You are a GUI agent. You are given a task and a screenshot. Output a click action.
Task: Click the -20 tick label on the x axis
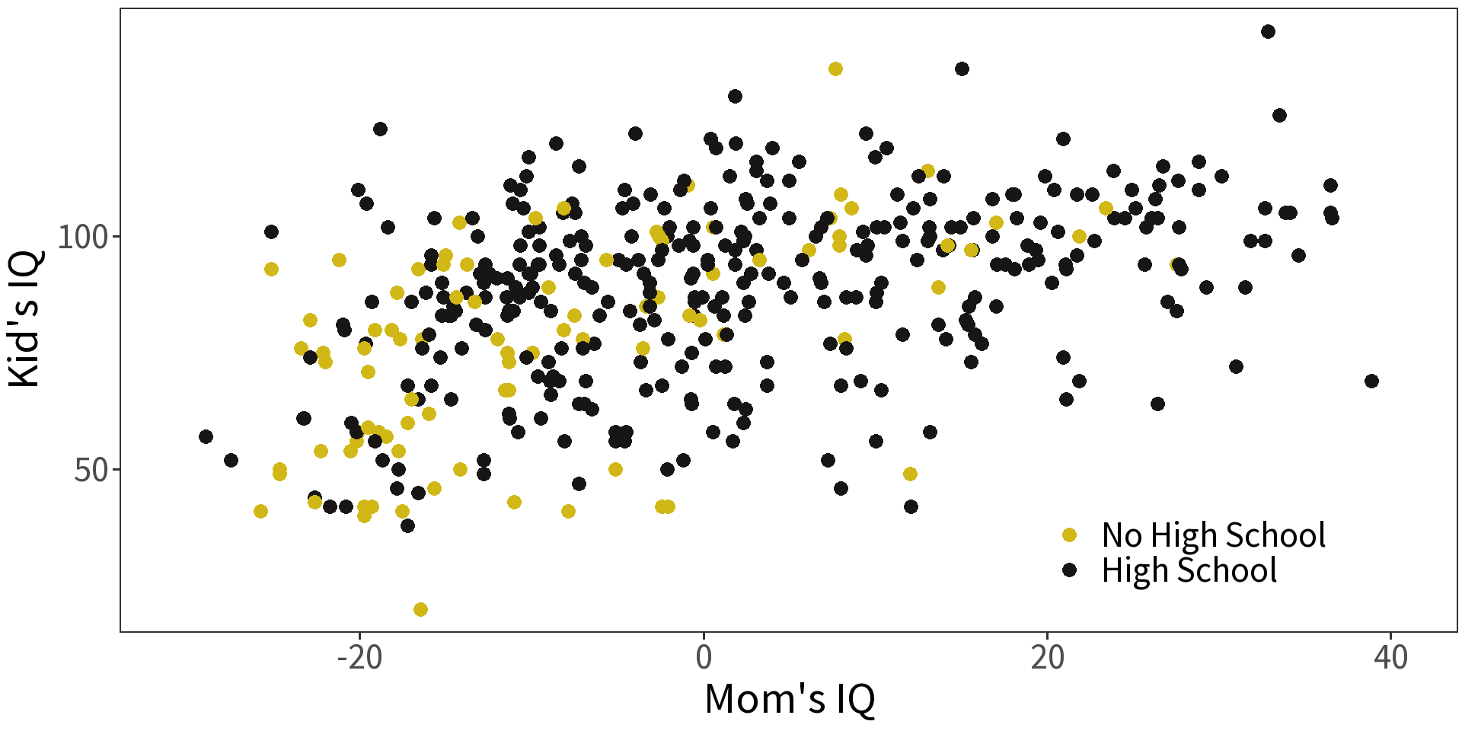click(359, 656)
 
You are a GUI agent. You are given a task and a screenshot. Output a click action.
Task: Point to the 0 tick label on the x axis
click(704, 656)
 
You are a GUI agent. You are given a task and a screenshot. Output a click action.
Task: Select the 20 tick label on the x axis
click(1047, 656)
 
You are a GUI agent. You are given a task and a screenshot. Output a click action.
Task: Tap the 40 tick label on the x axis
click(1390, 656)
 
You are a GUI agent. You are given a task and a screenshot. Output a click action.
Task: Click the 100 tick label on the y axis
click(83, 237)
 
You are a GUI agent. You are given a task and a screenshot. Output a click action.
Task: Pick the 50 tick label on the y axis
click(91, 470)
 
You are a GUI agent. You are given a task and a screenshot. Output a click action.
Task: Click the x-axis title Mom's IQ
click(789, 698)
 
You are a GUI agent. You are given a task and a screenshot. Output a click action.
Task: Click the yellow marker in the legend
click(1069, 535)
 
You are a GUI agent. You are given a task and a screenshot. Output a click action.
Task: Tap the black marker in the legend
click(1069, 570)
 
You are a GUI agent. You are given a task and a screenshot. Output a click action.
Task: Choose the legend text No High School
click(1213, 535)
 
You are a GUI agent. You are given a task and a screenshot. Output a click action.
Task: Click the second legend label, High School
click(1189, 570)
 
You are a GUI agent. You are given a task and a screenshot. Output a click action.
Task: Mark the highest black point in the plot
click(1268, 31)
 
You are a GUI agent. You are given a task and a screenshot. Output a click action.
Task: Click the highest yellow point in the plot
click(835, 69)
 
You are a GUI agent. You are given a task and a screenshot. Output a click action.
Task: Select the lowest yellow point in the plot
click(420, 609)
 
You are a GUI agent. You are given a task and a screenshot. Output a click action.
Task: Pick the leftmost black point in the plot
click(206, 436)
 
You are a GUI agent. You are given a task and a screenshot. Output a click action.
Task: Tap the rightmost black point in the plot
click(1371, 381)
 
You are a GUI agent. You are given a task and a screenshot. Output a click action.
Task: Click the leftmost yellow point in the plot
click(260, 511)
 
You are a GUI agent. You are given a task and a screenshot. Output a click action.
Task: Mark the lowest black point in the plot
click(407, 525)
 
